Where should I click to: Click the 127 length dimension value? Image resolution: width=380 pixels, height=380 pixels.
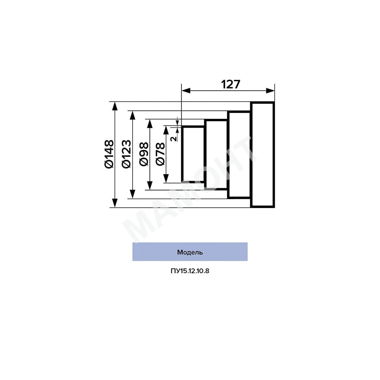[x=230, y=84]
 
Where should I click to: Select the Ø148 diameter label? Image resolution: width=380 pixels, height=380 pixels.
[x=109, y=154]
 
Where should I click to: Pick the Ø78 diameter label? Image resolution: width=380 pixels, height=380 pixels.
[x=160, y=154]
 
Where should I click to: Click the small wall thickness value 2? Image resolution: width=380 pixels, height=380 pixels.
[x=173, y=138]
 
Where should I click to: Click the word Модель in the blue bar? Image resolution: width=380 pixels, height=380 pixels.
[x=190, y=252]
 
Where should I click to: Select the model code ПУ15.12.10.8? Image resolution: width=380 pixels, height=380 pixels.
[x=190, y=271]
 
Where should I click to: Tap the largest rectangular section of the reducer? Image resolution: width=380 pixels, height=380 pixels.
[x=262, y=154]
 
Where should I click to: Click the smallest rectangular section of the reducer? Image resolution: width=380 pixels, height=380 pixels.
[x=193, y=154]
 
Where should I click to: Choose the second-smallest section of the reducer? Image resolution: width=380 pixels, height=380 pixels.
[x=216, y=155]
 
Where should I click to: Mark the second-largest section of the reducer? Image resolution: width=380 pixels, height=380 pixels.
[x=239, y=155]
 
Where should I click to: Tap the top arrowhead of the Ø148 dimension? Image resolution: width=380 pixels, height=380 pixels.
[x=114, y=106]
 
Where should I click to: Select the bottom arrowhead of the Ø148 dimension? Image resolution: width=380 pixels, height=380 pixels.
[x=114, y=203]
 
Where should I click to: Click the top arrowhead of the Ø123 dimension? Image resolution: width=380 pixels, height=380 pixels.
[x=132, y=115]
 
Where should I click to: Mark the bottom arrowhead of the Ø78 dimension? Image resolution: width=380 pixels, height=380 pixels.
[x=166, y=179]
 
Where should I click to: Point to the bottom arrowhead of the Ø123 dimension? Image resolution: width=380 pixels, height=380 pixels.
[x=132, y=194]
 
